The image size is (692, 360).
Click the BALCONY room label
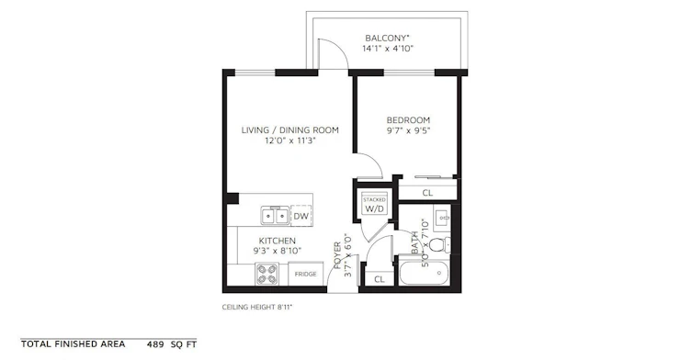pyautogui.click(x=387, y=38)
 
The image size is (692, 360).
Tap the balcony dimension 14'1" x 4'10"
pyautogui.click(x=388, y=49)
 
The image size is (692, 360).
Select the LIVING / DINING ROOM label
pyautogui.click(x=290, y=130)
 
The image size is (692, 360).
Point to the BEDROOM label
pyautogui.click(x=408, y=120)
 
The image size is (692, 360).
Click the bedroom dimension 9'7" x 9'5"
pyautogui.click(x=408, y=130)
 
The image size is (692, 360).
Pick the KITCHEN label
pyautogui.click(x=278, y=241)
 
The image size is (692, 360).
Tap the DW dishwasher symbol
pyautogui.click(x=301, y=216)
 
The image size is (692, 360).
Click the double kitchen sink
pyautogui.click(x=275, y=216)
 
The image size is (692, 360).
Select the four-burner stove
pyautogui.click(x=267, y=274)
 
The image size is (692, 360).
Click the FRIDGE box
pyautogui.click(x=305, y=274)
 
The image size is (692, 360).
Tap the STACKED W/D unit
pyautogui.click(x=374, y=204)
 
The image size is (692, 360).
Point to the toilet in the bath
pyautogui.click(x=439, y=244)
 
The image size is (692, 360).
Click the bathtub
pyautogui.click(x=425, y=273)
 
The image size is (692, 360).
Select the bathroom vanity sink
pyautogui.click(x=441, y=218)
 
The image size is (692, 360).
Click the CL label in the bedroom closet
pyautogui.click(x=427, y=193)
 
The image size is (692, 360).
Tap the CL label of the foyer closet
pyautogui.click(x=380, y=279)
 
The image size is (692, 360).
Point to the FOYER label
pyautogui.click(x=337, y=255)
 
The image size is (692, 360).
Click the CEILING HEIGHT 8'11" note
pyautogui.click(x=257, y=307)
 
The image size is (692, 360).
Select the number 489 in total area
pyautogui.click(x=155, y=344)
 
